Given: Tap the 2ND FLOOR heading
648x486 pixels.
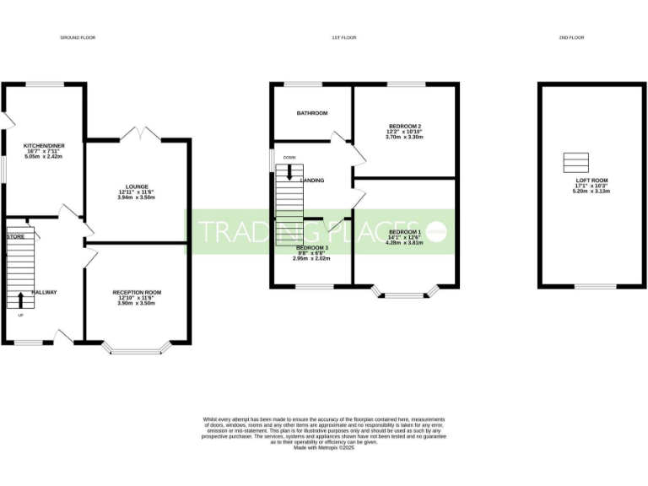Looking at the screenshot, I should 571,38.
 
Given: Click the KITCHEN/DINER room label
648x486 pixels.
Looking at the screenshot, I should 45,146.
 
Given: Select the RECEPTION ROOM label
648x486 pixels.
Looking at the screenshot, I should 137,292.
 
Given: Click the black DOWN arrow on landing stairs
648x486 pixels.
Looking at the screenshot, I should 289,172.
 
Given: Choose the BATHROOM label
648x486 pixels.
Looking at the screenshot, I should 311,113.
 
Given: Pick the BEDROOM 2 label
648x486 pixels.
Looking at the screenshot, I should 404,126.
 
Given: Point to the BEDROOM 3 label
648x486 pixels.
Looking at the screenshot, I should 311,248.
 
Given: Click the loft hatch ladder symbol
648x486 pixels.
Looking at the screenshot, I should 575,162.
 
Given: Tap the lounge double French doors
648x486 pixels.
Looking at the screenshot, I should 138,134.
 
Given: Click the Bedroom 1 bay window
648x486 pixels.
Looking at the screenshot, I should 405,294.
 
